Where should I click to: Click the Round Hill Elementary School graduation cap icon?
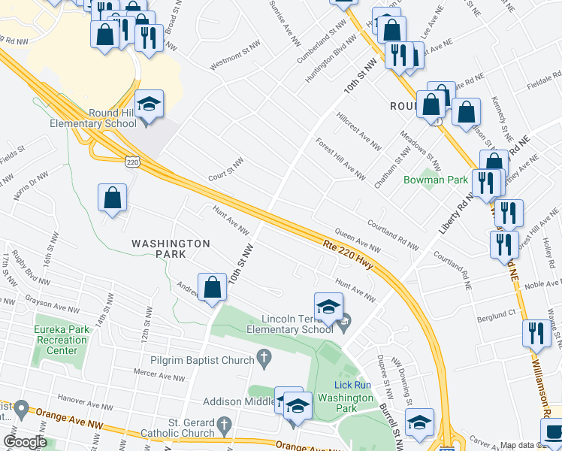(149, 105)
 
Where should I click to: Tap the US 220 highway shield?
(131, 162)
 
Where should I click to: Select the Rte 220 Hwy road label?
(348, 251)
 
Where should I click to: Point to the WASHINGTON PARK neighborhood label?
(170, 249)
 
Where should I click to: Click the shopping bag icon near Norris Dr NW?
(112, 199)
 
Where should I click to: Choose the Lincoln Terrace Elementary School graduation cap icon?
(328, 307)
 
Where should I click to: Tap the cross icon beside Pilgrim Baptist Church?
(263, 360)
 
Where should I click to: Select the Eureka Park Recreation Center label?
(56, 340)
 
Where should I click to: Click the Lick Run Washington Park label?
(345, 392)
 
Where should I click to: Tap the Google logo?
(25, 442)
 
